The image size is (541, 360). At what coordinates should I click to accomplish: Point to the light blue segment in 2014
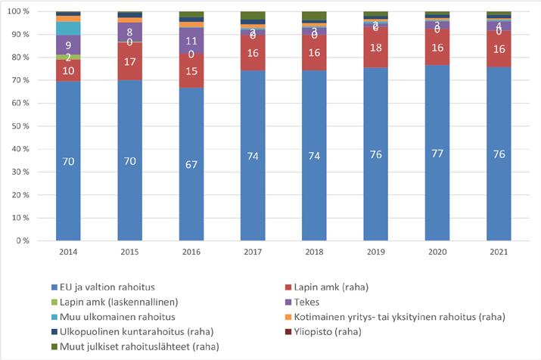click(x=68, y=28)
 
